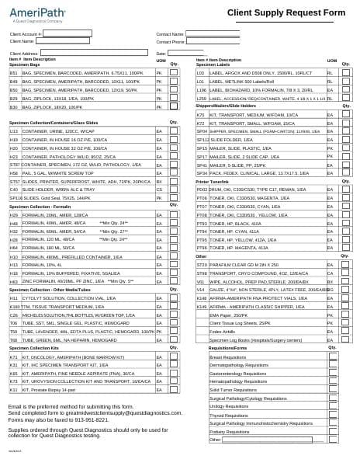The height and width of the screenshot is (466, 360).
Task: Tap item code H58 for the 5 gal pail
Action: click(x=14, y=172)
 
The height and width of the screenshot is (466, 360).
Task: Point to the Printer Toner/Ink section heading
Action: click(x=213, y=181)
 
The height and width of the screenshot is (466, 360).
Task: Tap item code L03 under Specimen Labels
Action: click(x=201, y=71)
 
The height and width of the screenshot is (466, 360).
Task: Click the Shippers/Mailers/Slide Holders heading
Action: click(x=226, y=106)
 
